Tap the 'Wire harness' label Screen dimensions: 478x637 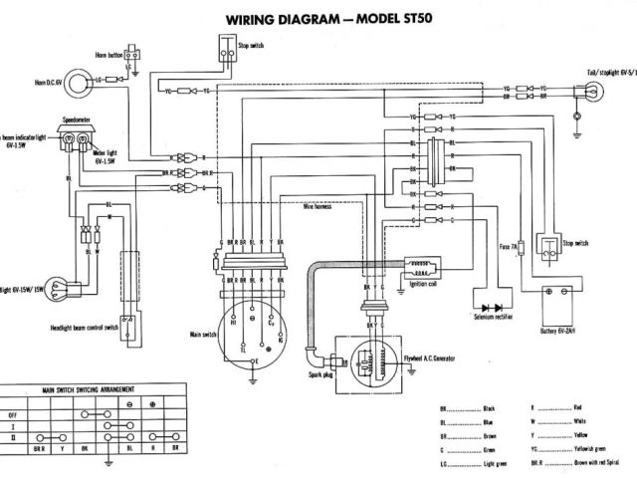click(318, 207)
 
